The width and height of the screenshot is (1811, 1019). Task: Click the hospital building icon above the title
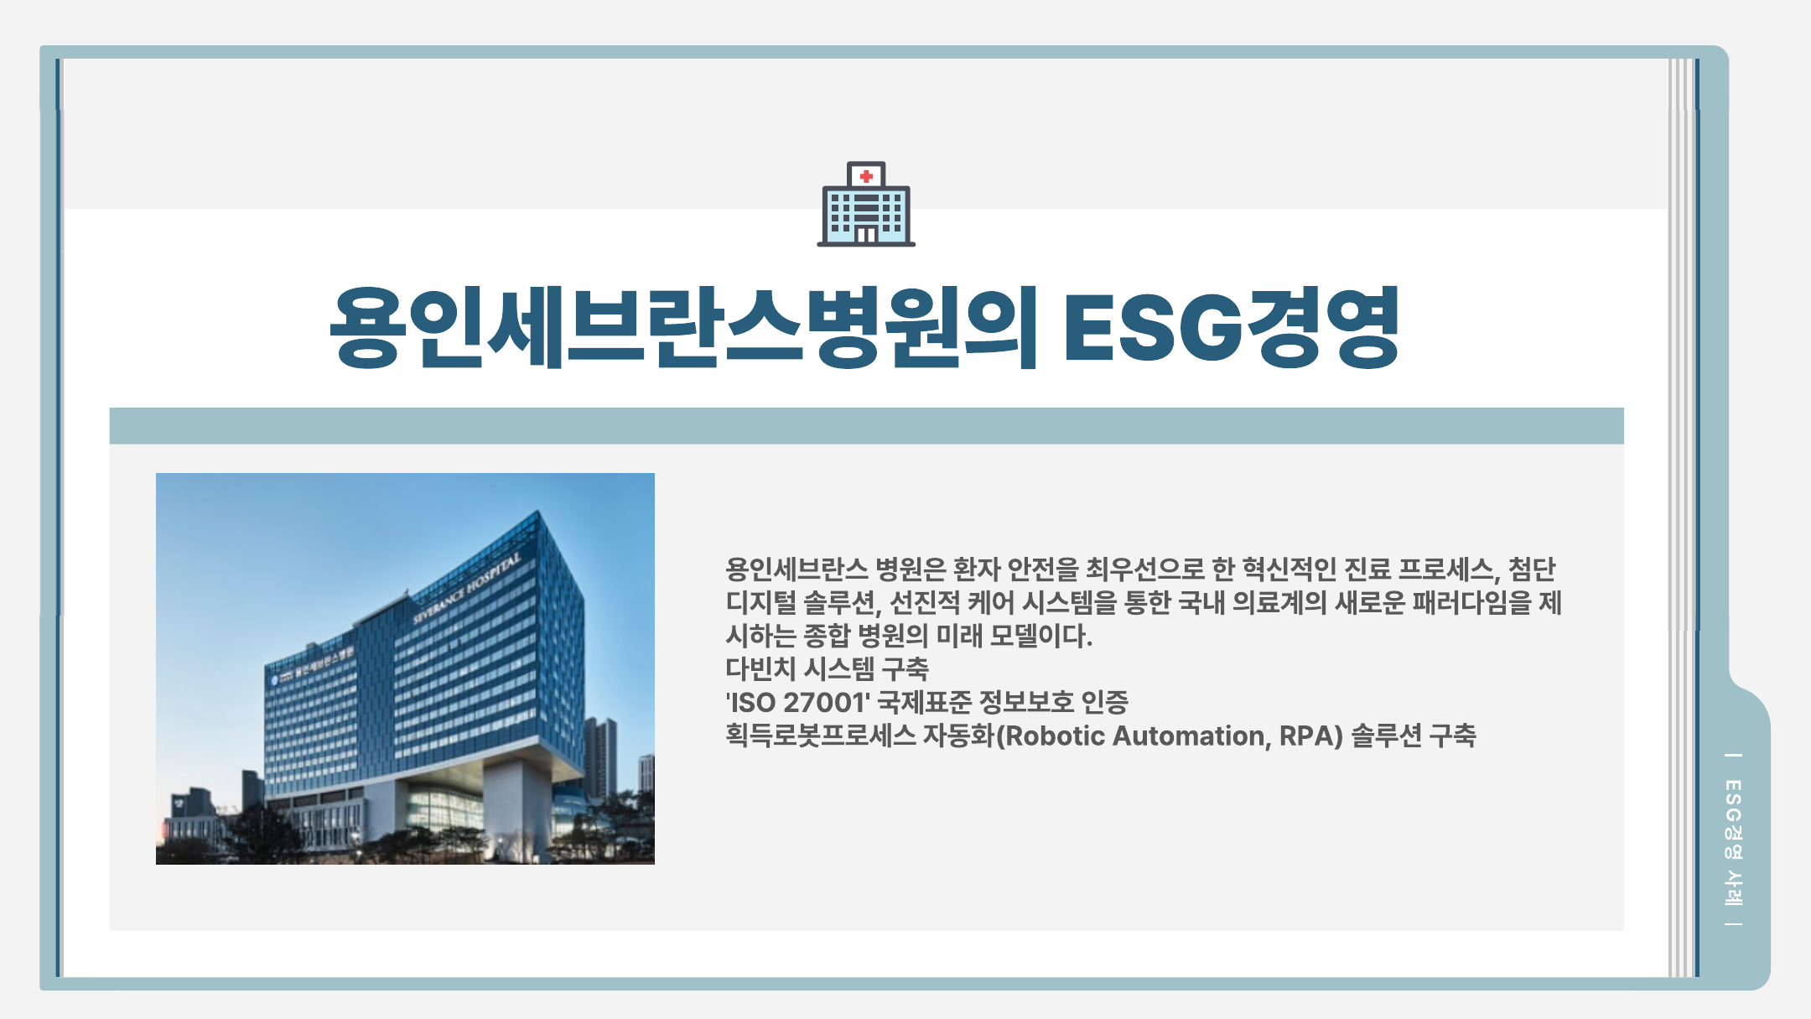point(866,204)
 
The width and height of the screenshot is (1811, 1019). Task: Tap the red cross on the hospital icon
point(866,176)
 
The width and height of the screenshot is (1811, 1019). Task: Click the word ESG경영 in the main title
point(1232,328)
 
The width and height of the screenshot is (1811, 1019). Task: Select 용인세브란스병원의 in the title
point(683,328)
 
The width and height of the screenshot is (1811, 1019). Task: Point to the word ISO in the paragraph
point(753,703)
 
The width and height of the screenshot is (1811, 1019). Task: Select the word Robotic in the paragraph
point(1056,736)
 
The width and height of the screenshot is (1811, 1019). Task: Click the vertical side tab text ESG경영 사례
point(1733,841)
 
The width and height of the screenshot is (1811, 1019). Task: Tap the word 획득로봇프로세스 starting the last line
point(821,736)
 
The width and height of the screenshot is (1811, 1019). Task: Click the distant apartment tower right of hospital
point(600,759)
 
